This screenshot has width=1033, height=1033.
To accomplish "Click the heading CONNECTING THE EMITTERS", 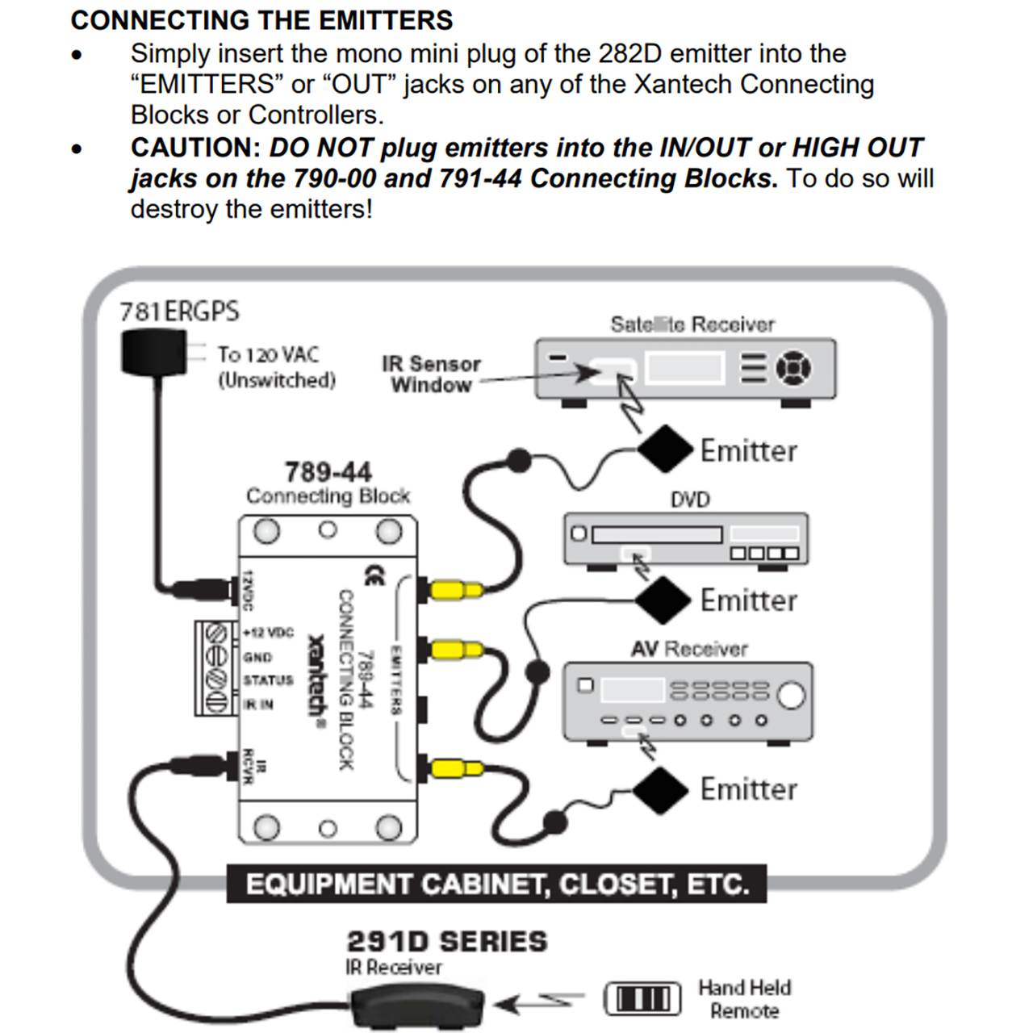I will click(261, 20).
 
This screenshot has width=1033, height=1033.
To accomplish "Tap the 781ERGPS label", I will click(179, 312).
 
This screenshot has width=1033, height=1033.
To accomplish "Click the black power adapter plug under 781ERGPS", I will click(153, 353).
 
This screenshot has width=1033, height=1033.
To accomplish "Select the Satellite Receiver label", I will click(692, 324).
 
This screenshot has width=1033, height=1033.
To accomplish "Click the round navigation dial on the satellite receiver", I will click(793, 368).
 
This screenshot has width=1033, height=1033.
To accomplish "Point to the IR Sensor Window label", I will click(431, 374).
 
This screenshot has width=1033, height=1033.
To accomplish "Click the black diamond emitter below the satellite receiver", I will click(665, 449).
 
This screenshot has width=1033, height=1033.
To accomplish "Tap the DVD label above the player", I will click(690, 500).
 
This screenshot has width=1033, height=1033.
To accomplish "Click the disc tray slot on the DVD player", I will click(657, 534).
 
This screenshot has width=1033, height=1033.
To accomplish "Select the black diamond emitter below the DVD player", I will click(663, 600).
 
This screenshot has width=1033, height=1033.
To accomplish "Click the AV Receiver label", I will click(689, 649).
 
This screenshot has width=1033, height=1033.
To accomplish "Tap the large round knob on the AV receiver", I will click(791, 695).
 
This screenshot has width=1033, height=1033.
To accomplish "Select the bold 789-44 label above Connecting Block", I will click(328, 472).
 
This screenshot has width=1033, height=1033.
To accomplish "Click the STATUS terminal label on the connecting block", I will click(268, 680).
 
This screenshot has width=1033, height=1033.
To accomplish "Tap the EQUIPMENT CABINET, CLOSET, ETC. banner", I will click(496, 885).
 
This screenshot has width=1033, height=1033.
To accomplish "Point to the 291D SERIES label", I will click(446, 942).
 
